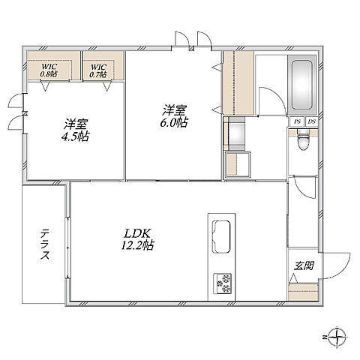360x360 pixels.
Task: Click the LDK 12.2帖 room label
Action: tap(137, 239)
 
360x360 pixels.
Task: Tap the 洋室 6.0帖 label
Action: tap(174, 116)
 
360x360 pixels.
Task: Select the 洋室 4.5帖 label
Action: tap(76, 130)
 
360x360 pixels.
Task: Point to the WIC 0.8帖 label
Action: tap(49, 70)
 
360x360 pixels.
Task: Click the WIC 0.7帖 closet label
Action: tap(98, 70)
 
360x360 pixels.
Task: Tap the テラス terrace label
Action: tap(45, 244)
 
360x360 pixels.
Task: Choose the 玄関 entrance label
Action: tap(304, 265)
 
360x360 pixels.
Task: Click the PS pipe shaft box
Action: tap(297, 121)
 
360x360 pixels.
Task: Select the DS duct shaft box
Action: tap(311, 121)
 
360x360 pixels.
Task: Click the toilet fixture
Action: tap(303, 140)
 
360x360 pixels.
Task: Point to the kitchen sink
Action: tap(221, 236)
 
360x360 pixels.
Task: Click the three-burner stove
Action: tap(222, 283)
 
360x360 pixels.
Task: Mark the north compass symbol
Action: tap(336, 337)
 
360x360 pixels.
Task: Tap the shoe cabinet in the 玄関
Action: tap(303, 292)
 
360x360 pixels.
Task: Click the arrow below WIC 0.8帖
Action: tap(46, 85)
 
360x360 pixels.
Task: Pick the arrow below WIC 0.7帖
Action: tap(107, 85)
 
